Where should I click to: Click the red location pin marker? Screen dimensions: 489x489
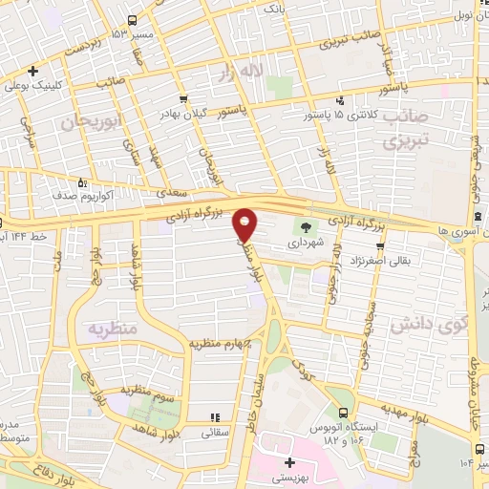click(245, 224)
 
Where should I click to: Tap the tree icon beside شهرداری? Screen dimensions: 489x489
click(306, 227)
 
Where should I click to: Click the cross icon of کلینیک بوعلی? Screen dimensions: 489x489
click(32, 71)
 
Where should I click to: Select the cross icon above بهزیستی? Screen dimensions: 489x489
click(289, 462)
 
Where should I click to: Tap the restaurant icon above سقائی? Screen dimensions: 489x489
click(214, 417)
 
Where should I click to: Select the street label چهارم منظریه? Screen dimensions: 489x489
click(219, 342)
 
